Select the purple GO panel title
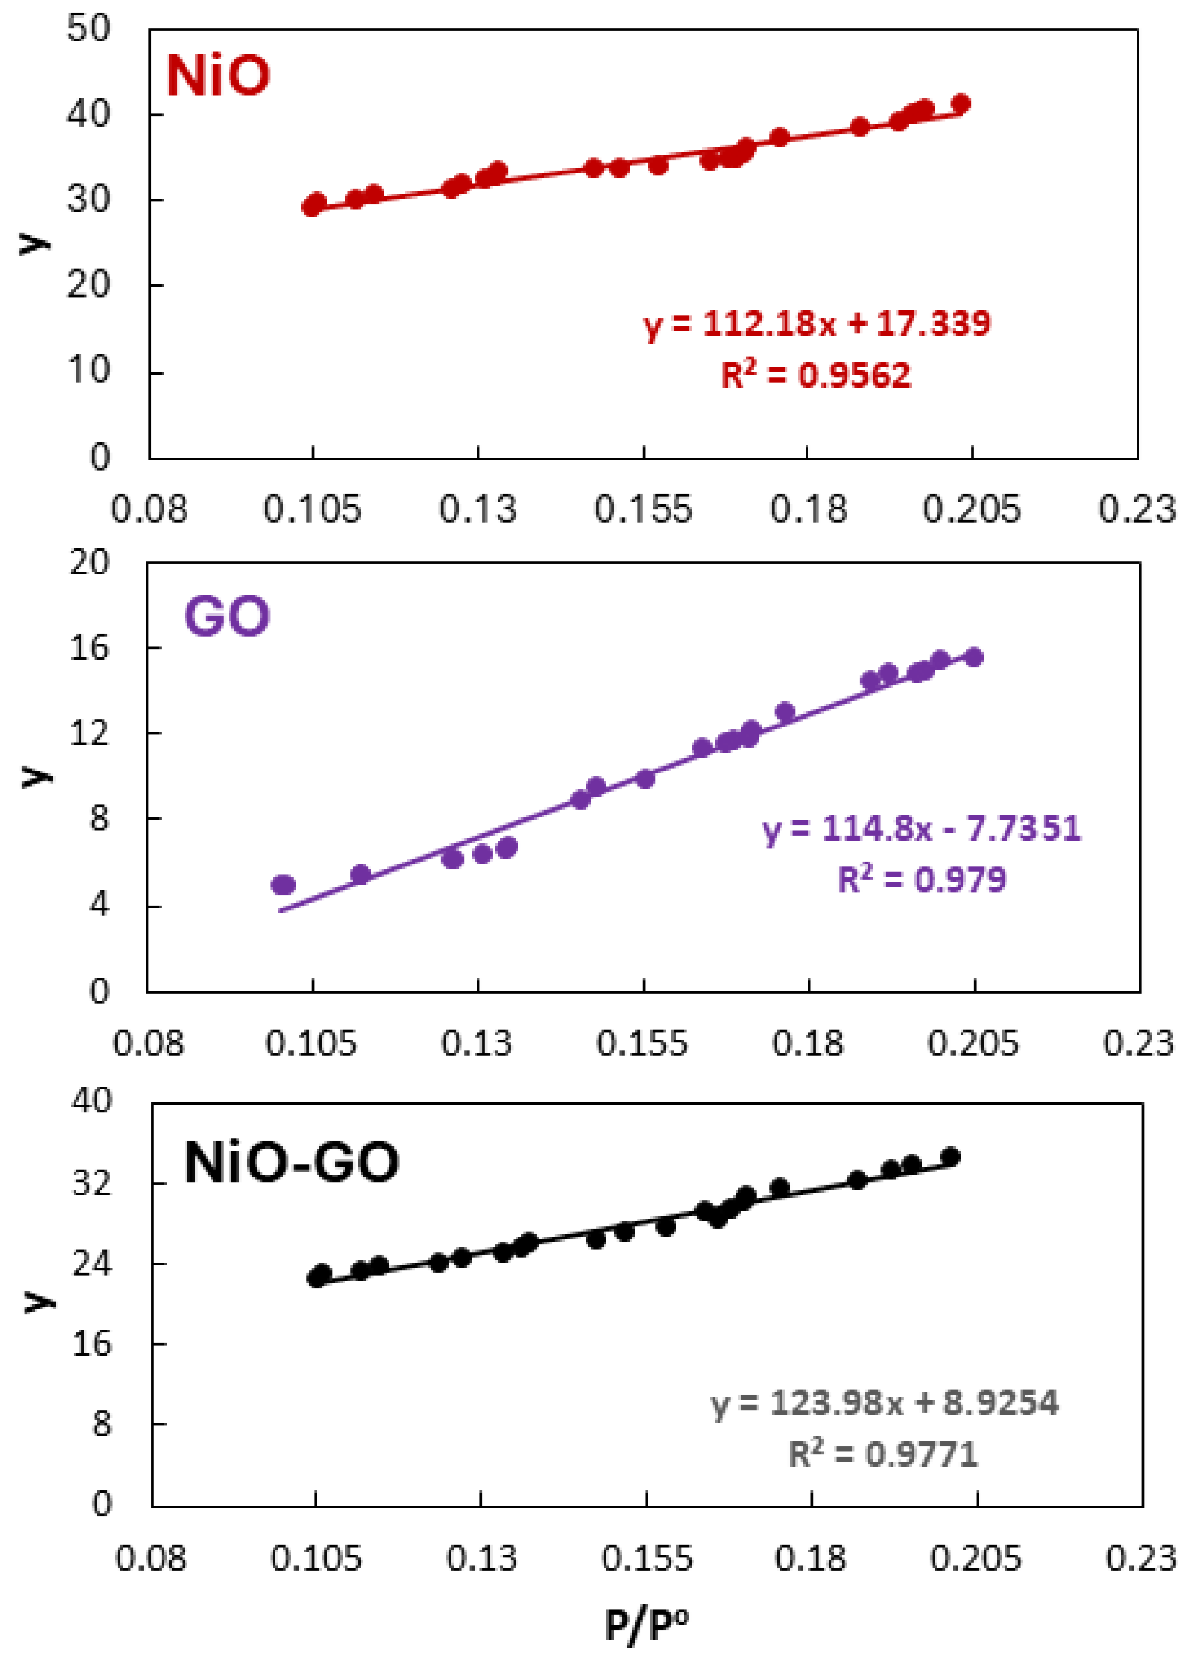coord(227,616)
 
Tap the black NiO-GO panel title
coord(291,1162)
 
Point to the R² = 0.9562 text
coord(815,375)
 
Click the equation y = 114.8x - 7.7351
coord(922,829)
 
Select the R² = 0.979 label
coord(922,880)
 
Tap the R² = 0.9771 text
coord(882,1454)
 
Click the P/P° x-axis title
coord(646,1625)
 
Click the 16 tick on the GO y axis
coord(89,647)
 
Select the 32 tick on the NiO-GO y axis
coord(91,1183)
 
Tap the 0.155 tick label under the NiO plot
coord(643,509)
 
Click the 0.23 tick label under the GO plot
coord(1138,1043)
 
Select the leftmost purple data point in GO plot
coord(282,885)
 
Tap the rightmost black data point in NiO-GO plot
coord(951,1157)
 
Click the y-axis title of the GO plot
coord(35,776)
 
